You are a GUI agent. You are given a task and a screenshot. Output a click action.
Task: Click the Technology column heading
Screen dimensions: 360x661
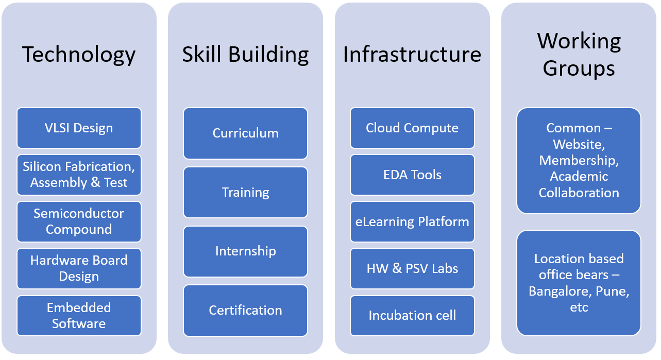coord(79,55)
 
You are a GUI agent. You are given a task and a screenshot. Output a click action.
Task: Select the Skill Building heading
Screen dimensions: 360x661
coord(245,55)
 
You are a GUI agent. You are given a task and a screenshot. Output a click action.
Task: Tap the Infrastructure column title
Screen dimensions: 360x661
coord(412,55)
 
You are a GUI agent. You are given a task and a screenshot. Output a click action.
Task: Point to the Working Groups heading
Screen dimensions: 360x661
coord(579,54)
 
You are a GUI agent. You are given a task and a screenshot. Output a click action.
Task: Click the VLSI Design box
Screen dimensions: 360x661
coord(79,128)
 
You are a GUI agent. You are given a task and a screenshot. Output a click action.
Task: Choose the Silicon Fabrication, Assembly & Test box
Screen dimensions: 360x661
coord(79,175)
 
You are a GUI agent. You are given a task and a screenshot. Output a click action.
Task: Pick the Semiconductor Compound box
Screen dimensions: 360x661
coord(79,221)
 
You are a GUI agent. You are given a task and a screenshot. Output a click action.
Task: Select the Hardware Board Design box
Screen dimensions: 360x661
coord(79,268)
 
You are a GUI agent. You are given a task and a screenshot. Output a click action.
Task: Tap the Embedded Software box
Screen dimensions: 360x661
coord(79,315)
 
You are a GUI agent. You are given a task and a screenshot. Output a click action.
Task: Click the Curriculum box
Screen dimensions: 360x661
coord(245,133)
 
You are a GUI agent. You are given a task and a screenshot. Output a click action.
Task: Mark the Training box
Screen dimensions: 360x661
coord(245,192)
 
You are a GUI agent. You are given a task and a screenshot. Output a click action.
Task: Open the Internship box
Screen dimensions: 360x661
coord(245,251)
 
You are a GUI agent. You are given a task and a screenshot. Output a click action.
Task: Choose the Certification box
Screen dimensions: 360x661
coord(245,310)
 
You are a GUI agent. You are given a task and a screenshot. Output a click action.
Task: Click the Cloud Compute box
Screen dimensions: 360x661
coord(412,128)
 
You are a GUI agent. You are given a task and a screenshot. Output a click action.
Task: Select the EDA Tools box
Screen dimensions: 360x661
coord(412,175)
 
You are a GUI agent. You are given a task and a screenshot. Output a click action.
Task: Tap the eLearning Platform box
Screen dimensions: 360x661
coord(412,221)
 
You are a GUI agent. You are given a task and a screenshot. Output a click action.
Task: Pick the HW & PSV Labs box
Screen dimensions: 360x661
coord(412,268)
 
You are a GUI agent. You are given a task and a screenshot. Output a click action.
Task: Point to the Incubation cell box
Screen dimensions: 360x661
coord(412,315)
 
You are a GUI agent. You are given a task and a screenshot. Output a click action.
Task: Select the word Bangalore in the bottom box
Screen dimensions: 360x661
coord(560,292)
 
